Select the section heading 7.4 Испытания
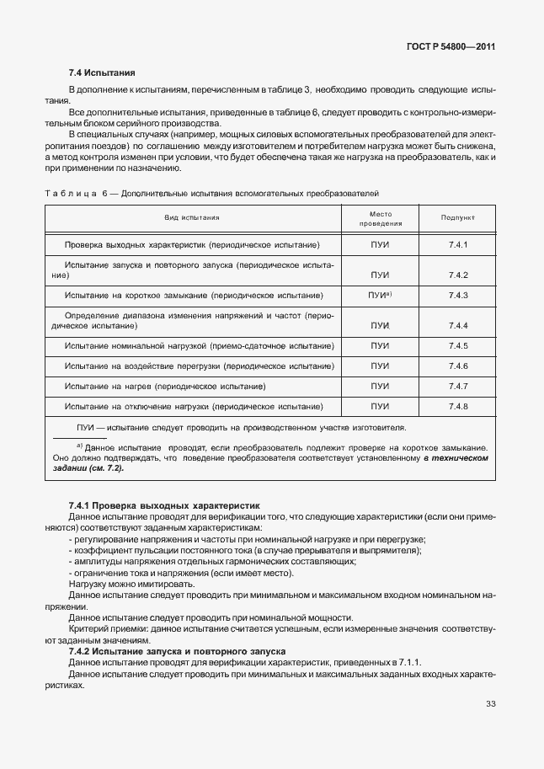point(101,73)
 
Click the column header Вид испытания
point(192,217)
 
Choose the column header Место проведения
point(381,219)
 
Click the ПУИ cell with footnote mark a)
point(381,296)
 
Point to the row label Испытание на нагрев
point(165,386)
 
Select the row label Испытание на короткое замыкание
point(194,296)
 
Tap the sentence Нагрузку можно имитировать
point(131,584)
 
